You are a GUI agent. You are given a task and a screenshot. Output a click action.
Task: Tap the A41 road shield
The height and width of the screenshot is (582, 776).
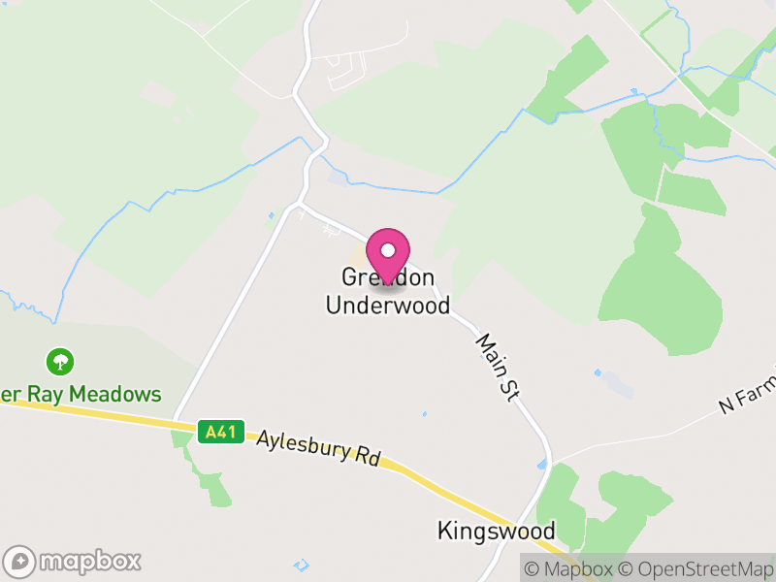(x=220, y=433)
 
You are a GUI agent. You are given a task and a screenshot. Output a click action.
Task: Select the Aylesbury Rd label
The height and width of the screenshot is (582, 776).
(x=318, y=449)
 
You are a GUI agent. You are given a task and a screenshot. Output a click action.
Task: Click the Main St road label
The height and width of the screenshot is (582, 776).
(x=499, y=368)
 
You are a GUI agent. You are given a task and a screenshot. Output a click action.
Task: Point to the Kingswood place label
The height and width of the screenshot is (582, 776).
(x=496, y=531)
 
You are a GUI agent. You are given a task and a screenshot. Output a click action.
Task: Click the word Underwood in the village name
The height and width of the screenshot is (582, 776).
(x=388, y=306)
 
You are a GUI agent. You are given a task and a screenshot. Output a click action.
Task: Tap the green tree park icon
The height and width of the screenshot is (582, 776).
(x=61, y=363)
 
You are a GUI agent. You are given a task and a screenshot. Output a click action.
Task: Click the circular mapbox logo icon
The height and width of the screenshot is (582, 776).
(x=19, y=562)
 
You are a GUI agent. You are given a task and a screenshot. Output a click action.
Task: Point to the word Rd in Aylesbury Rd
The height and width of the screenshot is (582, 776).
(x=366, y=457)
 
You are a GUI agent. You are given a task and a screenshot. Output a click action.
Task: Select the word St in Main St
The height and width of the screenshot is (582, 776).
(x=512, y=386)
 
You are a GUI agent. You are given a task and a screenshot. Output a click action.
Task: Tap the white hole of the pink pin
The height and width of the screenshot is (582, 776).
(x=388, y=248)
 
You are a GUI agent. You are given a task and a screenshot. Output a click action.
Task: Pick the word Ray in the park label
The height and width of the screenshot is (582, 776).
(x=35, y=394)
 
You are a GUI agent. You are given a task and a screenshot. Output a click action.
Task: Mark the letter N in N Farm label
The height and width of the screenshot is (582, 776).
(x=726, y=406)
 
